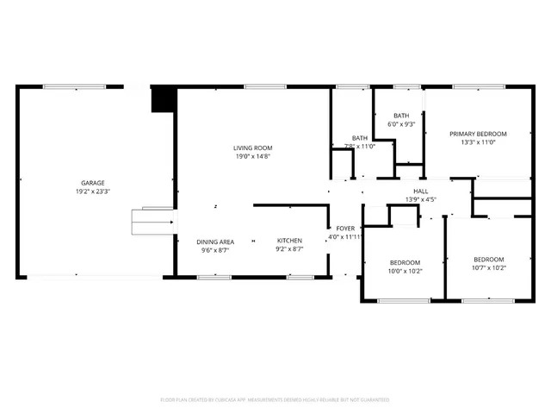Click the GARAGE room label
[93, 183]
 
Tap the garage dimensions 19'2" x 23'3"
[93, 192]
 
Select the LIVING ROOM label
[253, 147]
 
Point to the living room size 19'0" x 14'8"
[253, 156]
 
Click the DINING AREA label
[215, 241]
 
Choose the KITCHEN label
[289, 241]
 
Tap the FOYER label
[345, 228]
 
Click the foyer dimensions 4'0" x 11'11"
[345, 237]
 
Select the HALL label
[421, 191]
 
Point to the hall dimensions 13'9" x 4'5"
[421, 200]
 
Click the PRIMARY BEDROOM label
[478, 134]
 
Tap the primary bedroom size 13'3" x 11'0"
[478, 143]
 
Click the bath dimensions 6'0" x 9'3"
[401, 124]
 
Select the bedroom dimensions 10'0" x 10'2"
[405, 271]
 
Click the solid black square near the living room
[162, 100]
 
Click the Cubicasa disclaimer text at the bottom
[275, 399]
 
